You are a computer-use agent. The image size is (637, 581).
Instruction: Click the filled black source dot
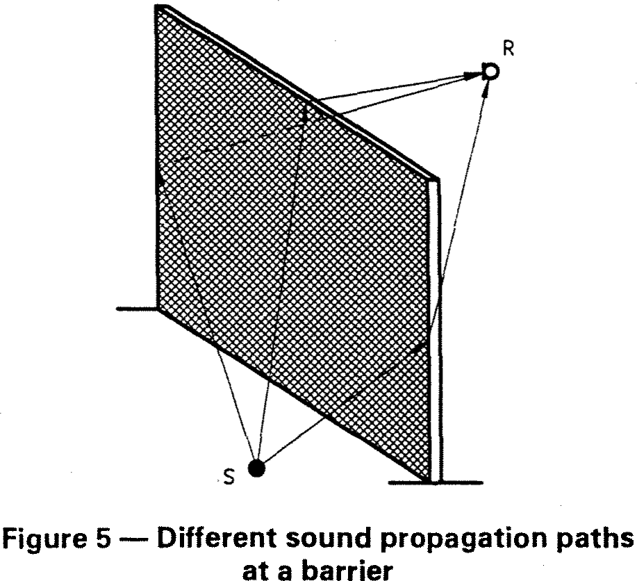pos(258,468)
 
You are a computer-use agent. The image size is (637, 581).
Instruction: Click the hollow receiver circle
pos(490,71)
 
